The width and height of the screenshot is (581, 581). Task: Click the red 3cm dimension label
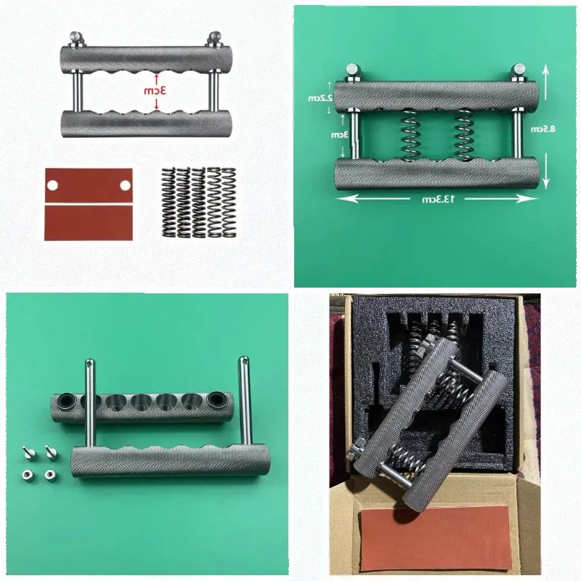pos(155,90)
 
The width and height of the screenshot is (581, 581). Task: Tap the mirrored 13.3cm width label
pos(438,199)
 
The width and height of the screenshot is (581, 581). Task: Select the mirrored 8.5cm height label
pos(543,129)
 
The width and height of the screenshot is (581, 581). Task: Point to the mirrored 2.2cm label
pos(320,98)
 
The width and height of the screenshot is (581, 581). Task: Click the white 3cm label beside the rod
pos(340,134)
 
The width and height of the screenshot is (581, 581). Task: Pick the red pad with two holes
pos(89,186)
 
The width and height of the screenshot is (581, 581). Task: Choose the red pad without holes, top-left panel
pos(89,223)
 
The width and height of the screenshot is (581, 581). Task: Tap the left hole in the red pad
pos(52,185)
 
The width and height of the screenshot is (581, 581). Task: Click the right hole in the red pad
pos(125,185)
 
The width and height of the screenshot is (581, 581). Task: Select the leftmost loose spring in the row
pos(168,203)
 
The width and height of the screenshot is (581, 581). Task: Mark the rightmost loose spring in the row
pos(229,203)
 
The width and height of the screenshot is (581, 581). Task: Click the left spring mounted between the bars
pos(410,135)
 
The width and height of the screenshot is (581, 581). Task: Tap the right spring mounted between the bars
pos(464,135)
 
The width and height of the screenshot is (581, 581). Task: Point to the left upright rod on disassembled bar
pos(89,403)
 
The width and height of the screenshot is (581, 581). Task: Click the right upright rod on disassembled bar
pos(244,401)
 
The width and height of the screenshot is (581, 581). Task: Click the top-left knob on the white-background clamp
pos(76,39)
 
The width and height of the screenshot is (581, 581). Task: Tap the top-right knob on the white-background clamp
pos(214,39)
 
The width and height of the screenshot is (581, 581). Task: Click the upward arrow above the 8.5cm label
pos(546,82)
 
